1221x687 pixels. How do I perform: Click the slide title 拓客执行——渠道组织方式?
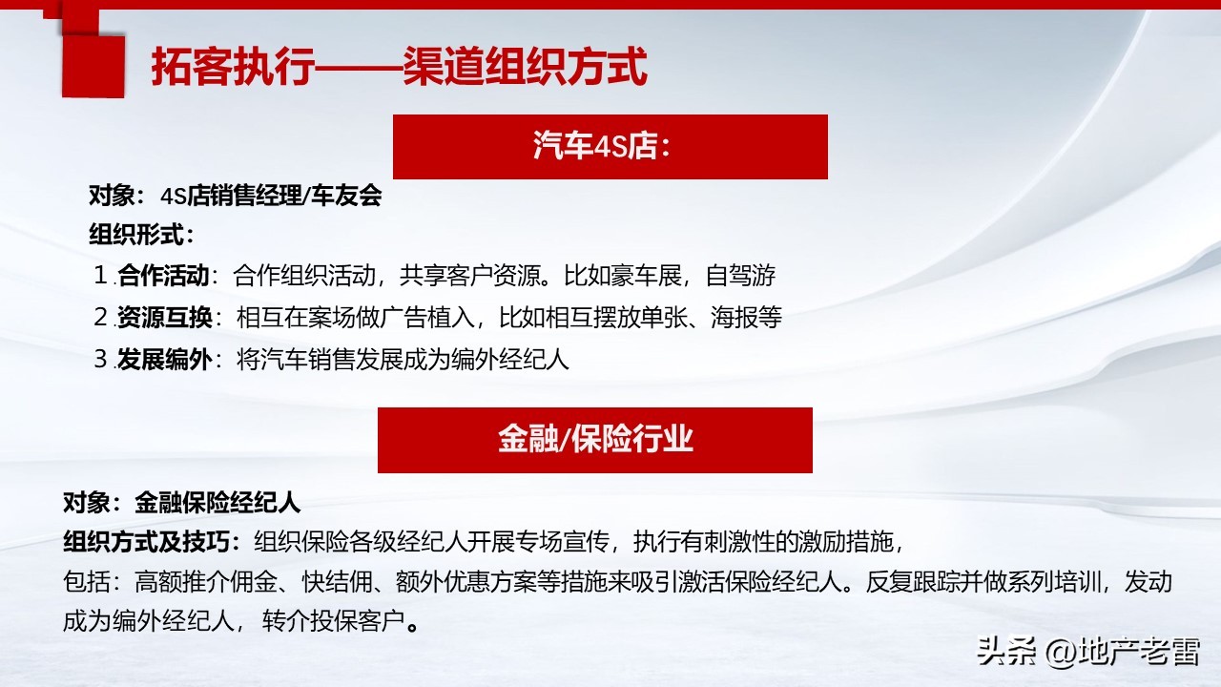(x=399, y=67)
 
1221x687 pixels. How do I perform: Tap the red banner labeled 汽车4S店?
(x=610, y=147)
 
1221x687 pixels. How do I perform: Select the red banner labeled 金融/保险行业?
(x=594, y=439)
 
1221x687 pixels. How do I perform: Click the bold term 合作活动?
(x=163, y=277)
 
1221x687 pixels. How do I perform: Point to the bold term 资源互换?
(x=163, y=318)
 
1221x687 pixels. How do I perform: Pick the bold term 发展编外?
(x=163, y=360)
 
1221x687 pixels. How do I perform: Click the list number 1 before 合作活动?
(x=103, y=277)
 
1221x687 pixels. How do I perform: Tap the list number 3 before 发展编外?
(x=102, y=360)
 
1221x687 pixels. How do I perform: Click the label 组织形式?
(x=139, y=235)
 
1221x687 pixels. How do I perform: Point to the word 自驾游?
(x=740, y=277)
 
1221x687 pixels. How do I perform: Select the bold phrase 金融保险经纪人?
(x=217, y=503)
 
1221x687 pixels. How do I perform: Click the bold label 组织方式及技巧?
(x=151, y=543)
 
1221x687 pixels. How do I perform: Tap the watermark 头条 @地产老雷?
(x=1087, y=652)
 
